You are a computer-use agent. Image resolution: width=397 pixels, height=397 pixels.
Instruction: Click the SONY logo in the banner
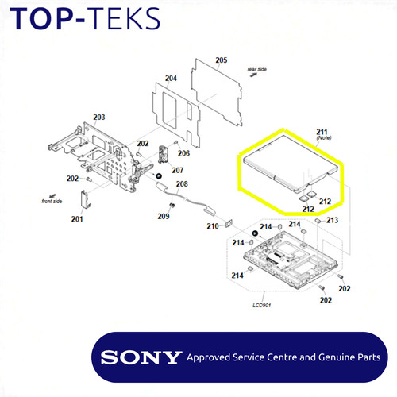pos(141,357)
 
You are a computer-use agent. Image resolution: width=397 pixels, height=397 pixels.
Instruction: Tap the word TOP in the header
pos(41,18)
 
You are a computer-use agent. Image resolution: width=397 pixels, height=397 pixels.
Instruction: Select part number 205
pos(222,60)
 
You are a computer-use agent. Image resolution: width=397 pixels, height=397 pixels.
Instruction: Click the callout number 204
pos(171,79)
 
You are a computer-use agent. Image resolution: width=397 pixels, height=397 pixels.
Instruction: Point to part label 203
pos(99,117)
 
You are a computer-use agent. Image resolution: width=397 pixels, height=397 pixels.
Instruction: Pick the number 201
pos(77,219)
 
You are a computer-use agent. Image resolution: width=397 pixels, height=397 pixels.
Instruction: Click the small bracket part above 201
pos(86,199)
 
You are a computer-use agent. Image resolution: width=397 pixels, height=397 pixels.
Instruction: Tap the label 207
pos(178,170)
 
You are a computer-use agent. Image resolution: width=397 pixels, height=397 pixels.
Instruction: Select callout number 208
pos(182,184)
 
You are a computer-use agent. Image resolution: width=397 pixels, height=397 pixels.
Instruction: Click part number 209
pos(164,216)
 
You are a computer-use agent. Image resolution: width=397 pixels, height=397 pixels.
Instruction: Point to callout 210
pos(213,226)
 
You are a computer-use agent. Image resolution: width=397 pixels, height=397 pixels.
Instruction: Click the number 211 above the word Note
pos(322,132)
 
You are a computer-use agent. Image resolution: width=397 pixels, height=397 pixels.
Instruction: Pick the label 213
pos(332,220)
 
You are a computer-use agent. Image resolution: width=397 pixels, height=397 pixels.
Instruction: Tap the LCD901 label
pos(262,305)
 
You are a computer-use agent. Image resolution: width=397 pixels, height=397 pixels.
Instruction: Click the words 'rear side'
pos(257,69)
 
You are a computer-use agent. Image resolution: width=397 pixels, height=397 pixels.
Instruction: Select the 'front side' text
pos(52,202)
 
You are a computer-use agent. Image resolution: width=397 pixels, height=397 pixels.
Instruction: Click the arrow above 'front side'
pos(52,196)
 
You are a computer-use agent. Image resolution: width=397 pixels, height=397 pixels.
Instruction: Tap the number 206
pos(183,153)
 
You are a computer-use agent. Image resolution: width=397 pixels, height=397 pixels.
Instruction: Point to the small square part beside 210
pos(229,224)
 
